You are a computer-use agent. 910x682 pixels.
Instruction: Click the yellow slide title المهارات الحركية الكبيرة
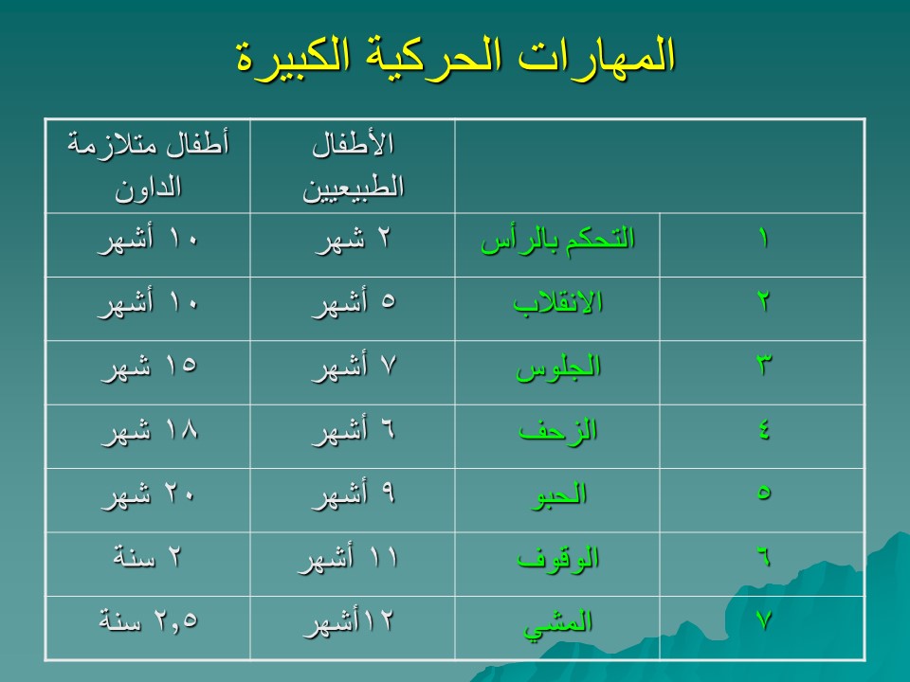tap(456, 56)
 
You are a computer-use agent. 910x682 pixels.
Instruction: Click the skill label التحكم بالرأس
tap(557, 240)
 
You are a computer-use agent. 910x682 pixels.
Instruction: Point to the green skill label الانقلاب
tap(557, 303)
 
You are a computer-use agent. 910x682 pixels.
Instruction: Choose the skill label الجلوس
tap(557, 368)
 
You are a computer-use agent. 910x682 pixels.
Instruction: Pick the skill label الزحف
tap(557, 431)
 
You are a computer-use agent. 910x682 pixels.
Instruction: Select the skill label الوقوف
tap(557, 559)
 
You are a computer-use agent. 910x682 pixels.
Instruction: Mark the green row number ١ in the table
tap(763, 239)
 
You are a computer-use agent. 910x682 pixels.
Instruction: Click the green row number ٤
tap(763, 430)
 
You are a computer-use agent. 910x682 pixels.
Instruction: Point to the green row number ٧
tap(763, 620)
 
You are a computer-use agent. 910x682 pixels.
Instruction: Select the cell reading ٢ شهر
tap(353, 240)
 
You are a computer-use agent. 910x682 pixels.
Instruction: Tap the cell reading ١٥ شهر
tap(150, 368)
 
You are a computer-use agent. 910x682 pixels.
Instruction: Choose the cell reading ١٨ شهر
tap(150, 431)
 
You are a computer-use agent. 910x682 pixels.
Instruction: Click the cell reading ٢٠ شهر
tap(149, 494)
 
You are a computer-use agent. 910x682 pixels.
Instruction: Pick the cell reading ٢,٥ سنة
tap(149, 620)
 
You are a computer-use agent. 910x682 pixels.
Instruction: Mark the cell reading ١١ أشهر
tap(348, 559)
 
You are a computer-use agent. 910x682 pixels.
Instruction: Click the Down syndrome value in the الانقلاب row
tap(149, 303)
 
